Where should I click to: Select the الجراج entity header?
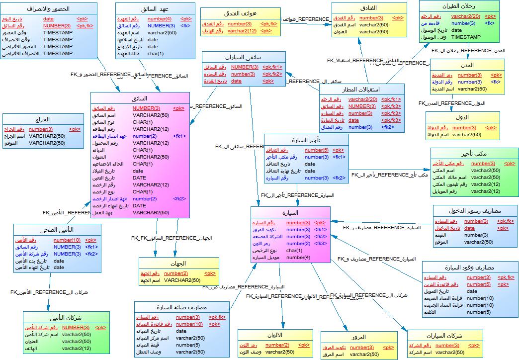point(43,120)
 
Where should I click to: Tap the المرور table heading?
point(358,338)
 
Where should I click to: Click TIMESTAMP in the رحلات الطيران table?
point(465,37)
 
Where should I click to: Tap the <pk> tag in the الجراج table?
point(74,129)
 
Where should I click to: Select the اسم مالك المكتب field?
point(449,178)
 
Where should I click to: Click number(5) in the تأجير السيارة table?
point(316,150)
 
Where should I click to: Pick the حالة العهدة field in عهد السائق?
point(131,53)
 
